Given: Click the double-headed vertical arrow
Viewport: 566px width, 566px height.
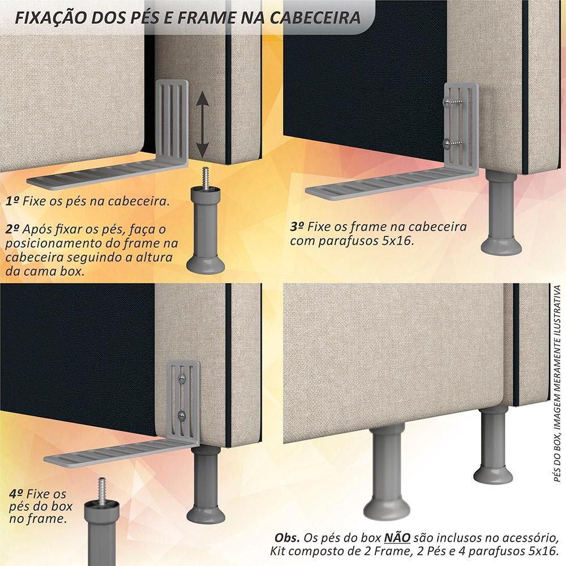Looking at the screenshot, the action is pos(203,124).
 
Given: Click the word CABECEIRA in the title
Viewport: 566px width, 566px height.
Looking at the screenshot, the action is pos(315,18).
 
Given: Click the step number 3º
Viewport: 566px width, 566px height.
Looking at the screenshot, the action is pos(297,226).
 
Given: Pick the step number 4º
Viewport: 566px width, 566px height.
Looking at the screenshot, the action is pos(16,493).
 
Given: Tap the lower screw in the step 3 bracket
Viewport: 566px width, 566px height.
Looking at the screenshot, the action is pos(455,143).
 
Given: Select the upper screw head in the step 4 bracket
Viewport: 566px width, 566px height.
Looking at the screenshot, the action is pos(182,378).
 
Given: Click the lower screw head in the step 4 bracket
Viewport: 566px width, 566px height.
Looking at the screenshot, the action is pos(182,415).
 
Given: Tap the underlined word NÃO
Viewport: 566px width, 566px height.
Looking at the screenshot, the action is pos(397,538).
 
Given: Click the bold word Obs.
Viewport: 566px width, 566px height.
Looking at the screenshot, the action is pos(287,538).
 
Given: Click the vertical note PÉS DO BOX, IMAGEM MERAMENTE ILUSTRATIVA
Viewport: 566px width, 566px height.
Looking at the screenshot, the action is pos(558,383).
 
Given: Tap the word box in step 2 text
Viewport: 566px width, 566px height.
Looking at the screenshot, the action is pos(72,271).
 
